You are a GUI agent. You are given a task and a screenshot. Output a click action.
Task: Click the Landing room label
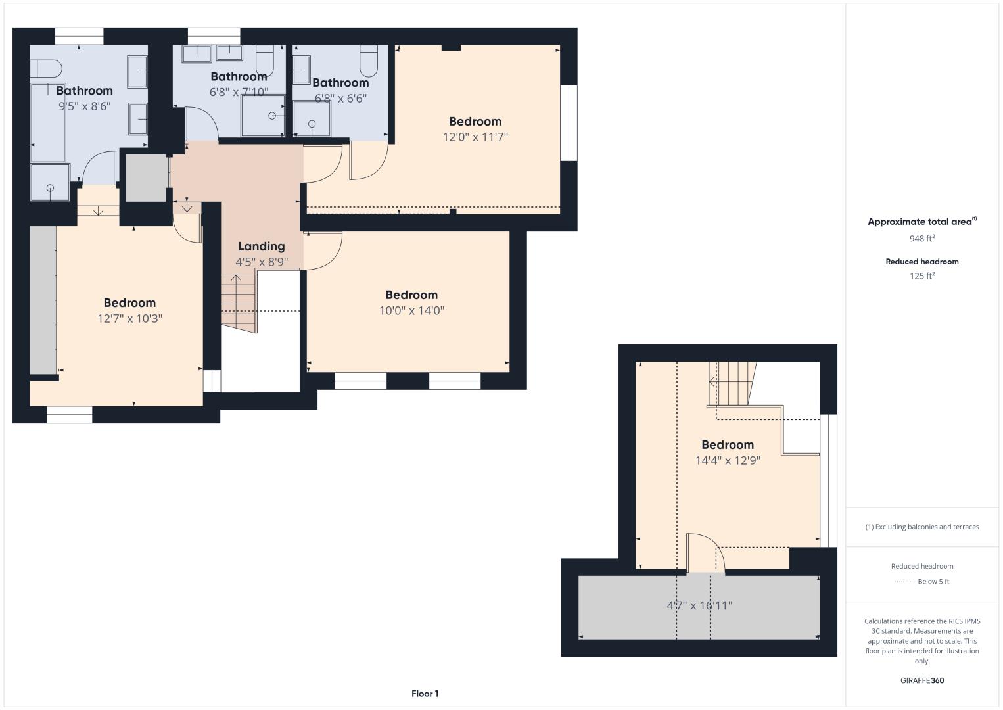[x=261, y=247]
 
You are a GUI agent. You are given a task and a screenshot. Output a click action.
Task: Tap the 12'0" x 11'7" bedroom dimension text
[x=475, y=137]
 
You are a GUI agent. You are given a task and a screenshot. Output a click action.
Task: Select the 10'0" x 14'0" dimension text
[x=411, y=310]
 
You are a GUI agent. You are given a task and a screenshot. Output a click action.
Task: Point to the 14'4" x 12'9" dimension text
[x=728, y=460]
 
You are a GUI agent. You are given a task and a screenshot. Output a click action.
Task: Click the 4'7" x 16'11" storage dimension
[x=699, y=605]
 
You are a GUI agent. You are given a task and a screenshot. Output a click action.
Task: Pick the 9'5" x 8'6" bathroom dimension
[x=85, y=106]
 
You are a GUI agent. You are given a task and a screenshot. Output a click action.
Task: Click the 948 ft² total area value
[x=922, y=238]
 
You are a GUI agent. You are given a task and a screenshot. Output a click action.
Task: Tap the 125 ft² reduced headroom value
[x=922, y=276]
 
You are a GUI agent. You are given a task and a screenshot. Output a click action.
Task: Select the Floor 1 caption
[x=425, y=694]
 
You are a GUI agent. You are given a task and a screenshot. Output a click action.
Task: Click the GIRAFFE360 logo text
[x=922, y=680]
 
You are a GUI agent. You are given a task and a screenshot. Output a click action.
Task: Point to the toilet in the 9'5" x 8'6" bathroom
[x=45, y=69]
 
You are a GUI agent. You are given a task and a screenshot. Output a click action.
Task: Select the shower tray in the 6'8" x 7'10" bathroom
[x=263, y=116]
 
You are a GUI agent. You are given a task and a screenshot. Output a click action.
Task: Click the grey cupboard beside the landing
[x=147, y=178]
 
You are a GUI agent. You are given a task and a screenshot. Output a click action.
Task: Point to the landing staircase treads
[x=238, y=304]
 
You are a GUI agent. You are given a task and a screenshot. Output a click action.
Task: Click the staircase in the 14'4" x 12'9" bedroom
[x=732, y=384]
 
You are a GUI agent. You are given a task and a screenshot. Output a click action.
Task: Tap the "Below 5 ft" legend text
[x=933, y=581]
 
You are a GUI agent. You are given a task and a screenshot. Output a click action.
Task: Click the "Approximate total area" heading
[x=922, y=222]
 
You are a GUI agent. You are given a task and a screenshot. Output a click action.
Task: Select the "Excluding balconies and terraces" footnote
[x=922, y=527]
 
